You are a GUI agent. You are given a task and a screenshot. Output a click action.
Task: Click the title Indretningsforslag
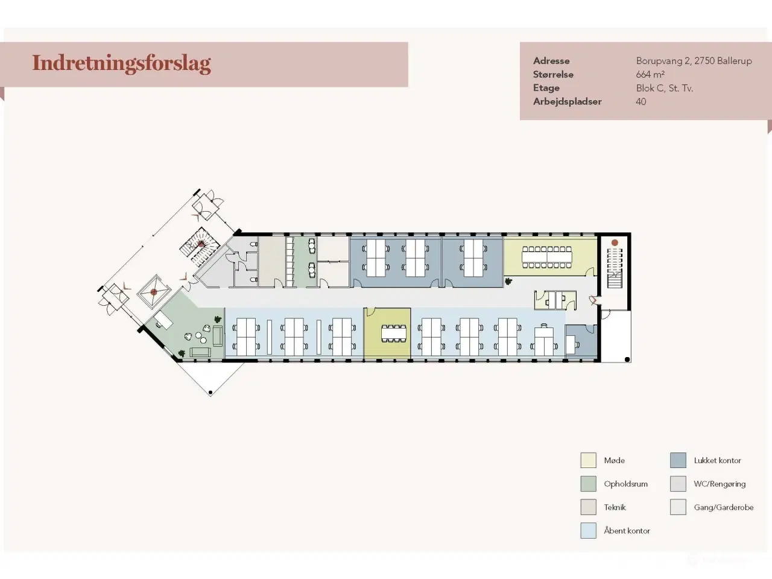point(121,63)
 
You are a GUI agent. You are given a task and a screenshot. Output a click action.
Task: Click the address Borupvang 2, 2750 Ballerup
point(694,61)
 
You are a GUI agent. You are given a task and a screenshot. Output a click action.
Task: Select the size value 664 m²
point(650,75)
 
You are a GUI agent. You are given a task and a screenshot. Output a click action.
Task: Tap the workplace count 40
point(641,101)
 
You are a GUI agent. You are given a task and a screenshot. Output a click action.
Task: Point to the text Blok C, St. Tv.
point(665,88)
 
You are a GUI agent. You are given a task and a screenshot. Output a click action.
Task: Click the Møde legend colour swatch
point(588,460)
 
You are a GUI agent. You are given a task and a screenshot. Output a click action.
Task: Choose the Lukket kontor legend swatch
point(678,460)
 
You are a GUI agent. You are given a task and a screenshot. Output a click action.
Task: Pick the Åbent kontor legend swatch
point(588,531)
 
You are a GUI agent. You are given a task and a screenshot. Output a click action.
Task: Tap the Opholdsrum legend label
point(625,484)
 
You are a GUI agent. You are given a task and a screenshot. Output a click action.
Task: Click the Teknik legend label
point(615,507)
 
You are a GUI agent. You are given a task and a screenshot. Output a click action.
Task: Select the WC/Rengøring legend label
point(720,484)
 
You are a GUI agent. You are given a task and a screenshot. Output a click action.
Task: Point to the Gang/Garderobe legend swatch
point(678,507)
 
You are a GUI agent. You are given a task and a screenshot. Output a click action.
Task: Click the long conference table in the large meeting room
point(546,257)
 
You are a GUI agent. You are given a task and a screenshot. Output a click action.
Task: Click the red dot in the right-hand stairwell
point(615,242)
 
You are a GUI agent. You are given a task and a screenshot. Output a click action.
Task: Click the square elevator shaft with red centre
point(154,292)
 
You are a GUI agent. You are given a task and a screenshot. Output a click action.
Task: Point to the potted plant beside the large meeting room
point(508,281)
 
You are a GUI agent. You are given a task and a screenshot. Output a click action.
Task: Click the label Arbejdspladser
point(567,101)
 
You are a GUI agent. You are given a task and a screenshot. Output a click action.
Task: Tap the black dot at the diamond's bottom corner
point(210,392)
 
